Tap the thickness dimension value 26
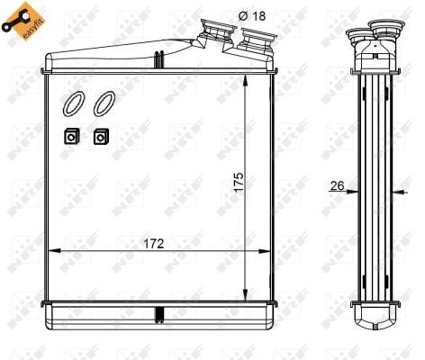[x=339, y=186]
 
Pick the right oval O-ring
[x=103, y=104]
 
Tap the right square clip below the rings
[x=100, y=137]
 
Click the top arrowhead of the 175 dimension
[x=246, y=78]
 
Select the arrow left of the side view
[x=353, y=192]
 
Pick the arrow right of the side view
[x=400, y=192]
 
